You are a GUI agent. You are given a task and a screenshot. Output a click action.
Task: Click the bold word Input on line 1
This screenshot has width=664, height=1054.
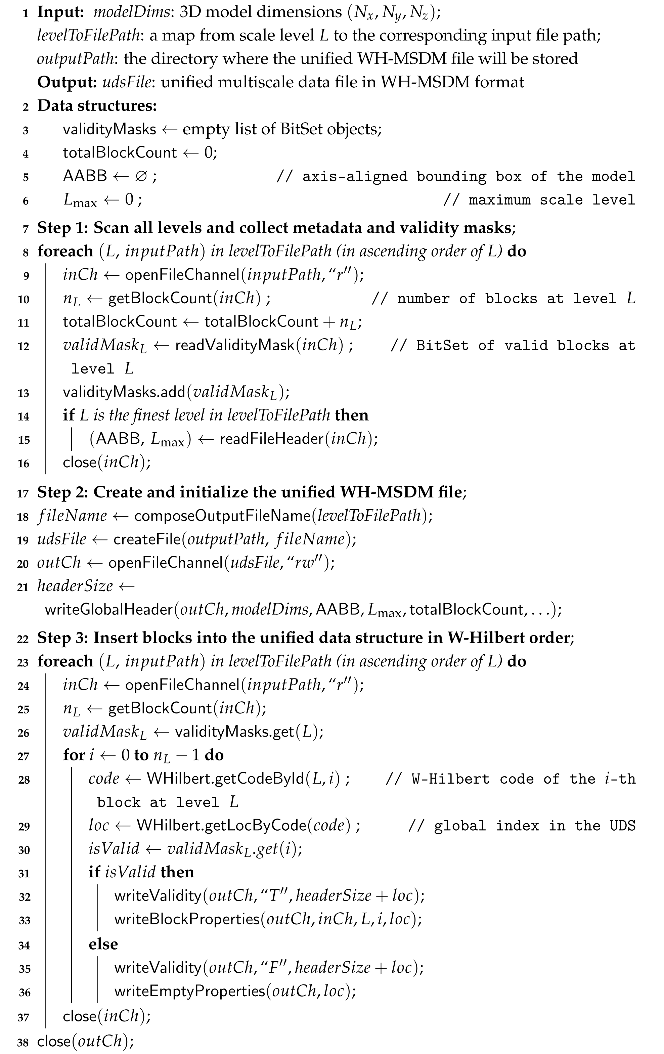(x=60, y=12)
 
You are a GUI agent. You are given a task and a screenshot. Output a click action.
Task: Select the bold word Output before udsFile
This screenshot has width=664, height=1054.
(x=67, y=82)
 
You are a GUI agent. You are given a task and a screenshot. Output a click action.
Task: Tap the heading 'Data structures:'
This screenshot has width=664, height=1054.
(x=97, y=105)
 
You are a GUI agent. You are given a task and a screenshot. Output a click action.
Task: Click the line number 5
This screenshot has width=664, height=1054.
(x=26, y=177)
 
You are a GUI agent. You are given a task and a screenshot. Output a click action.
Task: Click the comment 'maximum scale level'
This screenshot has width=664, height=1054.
(x=551, y=200)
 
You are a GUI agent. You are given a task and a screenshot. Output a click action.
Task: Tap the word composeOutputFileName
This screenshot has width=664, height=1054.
(x=222, y=516)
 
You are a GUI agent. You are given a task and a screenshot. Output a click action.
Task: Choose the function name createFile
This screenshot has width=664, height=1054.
(x=147, y=539)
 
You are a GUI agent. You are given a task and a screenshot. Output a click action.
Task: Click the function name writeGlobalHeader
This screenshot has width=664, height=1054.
(x=109, y=609)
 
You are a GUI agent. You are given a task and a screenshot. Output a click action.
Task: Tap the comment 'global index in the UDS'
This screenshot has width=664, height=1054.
(x=534, y=826)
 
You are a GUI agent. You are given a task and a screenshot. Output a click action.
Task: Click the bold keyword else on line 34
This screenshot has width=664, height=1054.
(x=103, y=944)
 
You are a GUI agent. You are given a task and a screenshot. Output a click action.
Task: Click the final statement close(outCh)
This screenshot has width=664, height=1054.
(x=85, y=1041)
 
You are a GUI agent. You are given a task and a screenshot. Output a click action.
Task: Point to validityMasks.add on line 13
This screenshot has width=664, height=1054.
(x=124, y=392)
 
